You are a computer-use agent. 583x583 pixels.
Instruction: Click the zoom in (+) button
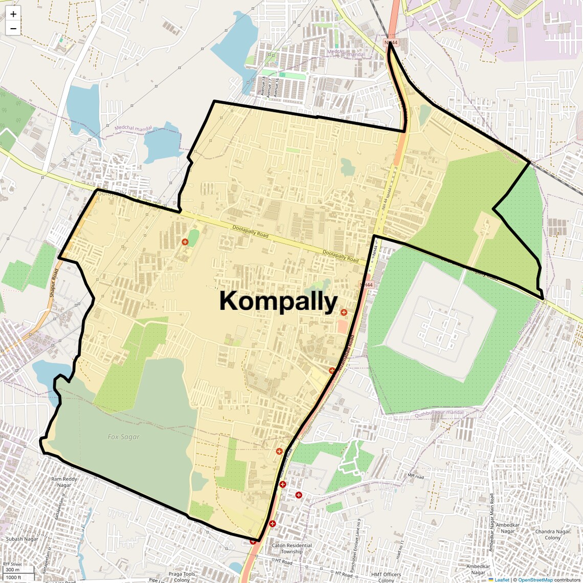point(13,14)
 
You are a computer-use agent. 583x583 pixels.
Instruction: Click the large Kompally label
point(278,301)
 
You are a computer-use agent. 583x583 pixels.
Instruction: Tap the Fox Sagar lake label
point(123,437)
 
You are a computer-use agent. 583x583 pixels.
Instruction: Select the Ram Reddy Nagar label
point(64,482)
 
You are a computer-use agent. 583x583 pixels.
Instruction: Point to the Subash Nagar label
point(22,539)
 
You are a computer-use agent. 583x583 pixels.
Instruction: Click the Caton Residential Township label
point(291,548)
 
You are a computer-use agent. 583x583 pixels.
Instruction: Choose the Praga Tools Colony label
point(182,577)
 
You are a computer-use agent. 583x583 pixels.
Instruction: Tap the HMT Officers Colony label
point(386,577)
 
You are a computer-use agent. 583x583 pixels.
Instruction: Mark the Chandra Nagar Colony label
point(552,534)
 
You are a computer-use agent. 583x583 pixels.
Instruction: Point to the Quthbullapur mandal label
point(439,413)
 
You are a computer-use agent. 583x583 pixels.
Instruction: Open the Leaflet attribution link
point(501,580)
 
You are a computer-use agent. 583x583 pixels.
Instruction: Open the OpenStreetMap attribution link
point(535,580)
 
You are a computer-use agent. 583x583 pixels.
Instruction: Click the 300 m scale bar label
point(12,570)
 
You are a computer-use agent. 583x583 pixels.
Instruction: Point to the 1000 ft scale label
point(13,577)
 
